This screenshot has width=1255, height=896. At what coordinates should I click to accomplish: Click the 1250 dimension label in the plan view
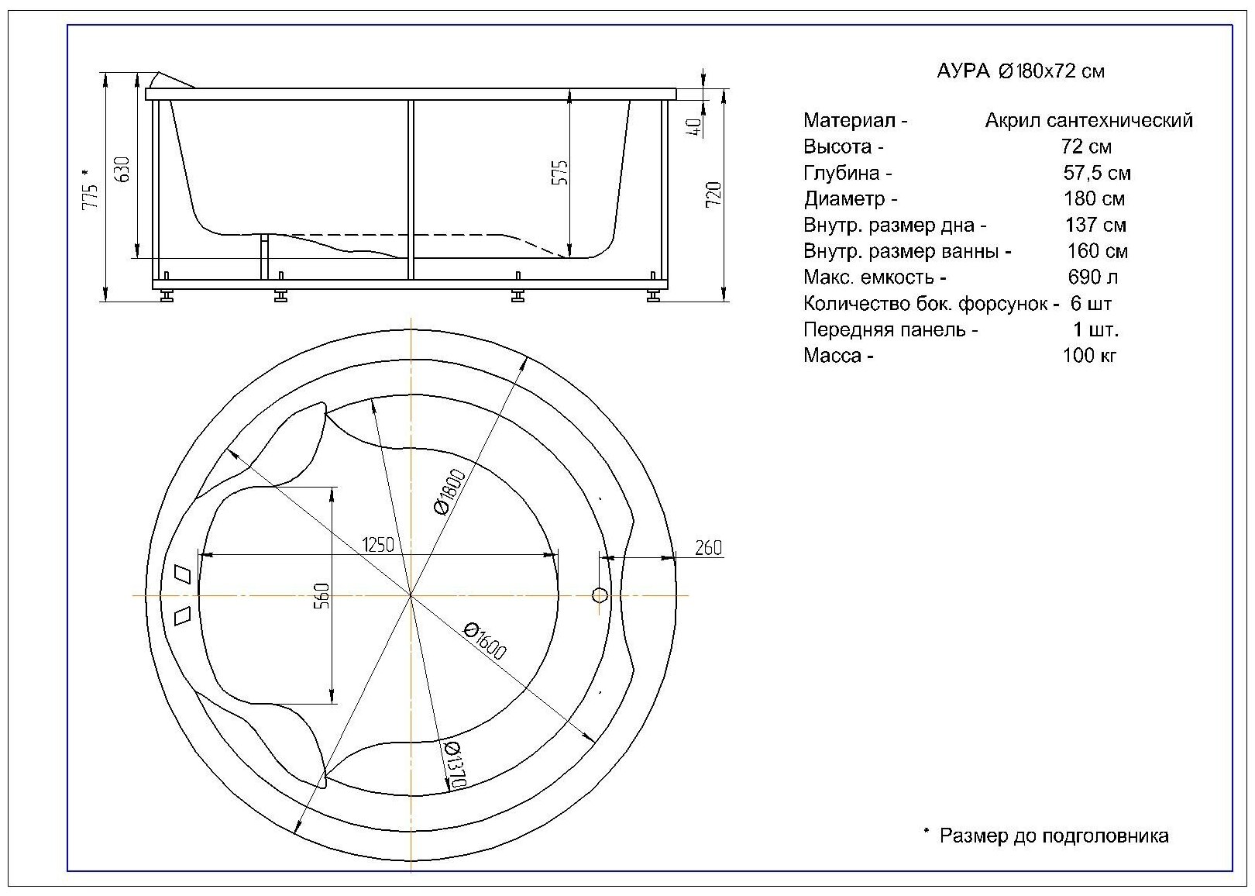[x=378, y=544]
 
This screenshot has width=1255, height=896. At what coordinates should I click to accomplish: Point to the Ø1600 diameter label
[x=485, y=639]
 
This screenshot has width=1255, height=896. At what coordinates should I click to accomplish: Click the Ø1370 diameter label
[x=454, y=766]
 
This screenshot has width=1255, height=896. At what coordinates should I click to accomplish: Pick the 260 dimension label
[x=708, y=548]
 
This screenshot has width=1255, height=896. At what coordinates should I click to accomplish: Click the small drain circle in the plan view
[x=600, y=595]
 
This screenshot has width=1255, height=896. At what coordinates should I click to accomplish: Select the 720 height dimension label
[x=714, y=194]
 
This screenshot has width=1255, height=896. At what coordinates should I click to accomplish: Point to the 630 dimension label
[x=122, y=170]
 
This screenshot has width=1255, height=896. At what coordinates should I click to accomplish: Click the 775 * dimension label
[x=91, y=190]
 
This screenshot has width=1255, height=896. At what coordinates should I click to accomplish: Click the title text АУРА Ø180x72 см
[x=1021, y=71]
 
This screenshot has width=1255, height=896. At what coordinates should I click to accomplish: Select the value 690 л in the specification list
[x=1092, y=277]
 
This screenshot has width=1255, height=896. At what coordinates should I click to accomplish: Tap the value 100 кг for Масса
[x=1089, y=356]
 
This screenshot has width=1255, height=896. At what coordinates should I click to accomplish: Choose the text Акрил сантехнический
[x=1088, y=121]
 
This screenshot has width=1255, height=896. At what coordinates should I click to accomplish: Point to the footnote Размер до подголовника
[x=1053, y=836]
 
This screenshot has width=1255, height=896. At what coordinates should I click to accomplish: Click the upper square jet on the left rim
[x=184, y=573]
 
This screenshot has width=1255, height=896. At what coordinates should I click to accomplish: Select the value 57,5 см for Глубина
[x=1097, y=173]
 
